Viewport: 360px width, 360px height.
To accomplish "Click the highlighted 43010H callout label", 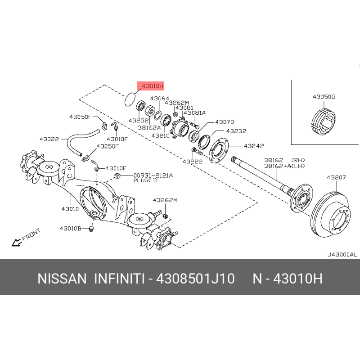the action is pyautogui.click(x=150, y=86).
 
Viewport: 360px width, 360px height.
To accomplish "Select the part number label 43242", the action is pyautogui.click(x=254, y=146).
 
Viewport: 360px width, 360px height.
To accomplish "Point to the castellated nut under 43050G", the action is pyautogui.click(x=323, y=121).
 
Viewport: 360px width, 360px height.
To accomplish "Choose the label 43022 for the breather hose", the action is pyautogui.click(x=49, y=139).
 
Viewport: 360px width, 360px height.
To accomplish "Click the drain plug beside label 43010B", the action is pyautogui.click(x=91, y=229).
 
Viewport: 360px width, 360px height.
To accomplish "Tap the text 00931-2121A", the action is pyautogui.click(x=153, y=175).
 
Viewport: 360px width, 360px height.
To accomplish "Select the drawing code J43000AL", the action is pyautogui.click(x=342, y=254).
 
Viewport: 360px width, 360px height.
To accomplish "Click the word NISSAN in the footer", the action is pyautogui.click(x=62, y=279).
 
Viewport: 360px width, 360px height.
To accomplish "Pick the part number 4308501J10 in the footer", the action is pyautogui.click(x=195, y=279).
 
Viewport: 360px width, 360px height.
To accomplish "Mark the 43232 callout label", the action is pyautogui.click(x=236, y=131).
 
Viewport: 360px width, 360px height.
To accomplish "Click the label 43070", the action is pyautogui.click(x=224, y=122).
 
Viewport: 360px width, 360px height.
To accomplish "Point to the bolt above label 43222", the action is pyautogui.click(x=196, y=151).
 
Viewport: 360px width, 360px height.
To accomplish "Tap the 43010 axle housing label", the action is pyautogui.click(x=70, y=209).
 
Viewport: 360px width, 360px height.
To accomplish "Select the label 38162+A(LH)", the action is pyautogui.click(x=284, y=166).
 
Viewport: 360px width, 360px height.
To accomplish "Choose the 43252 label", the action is pyautogui.click(x=139, y=120).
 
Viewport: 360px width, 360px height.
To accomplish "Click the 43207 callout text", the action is pyautogui.click(x=336, y=177).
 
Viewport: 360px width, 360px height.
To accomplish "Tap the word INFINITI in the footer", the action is pyautogui.click(x=120, y=279).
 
